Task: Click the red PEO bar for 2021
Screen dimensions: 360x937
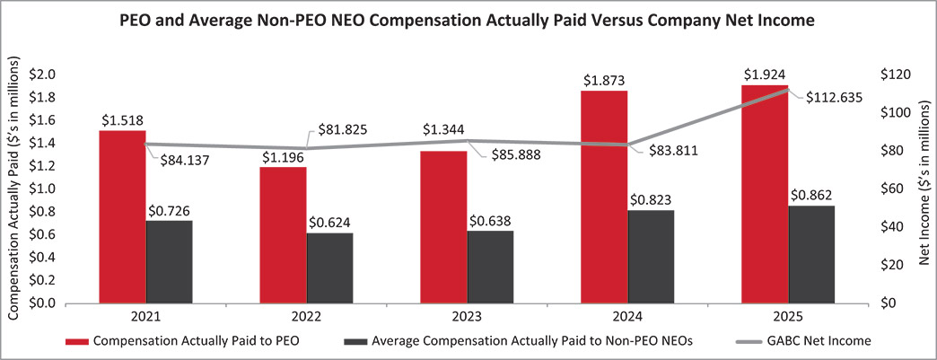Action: pyautogui.click(x=122, y=216)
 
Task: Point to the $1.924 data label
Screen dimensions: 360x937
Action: pyautogui.click(x=764, y=74)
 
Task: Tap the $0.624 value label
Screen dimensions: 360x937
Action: pyautogui.click(x=329, y=223)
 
